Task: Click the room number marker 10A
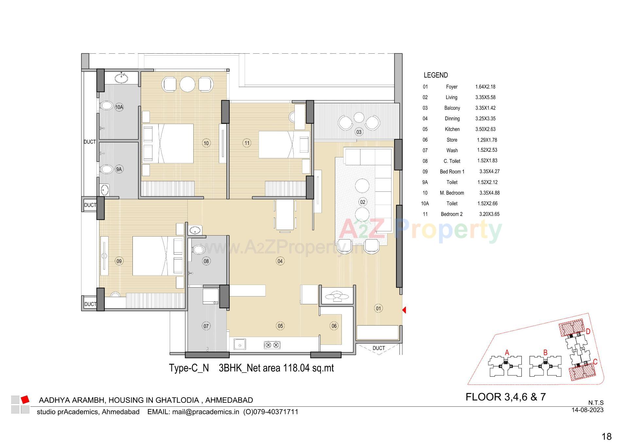tap(119, 107)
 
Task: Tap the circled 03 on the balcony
tap(359, 132)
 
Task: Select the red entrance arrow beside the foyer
tap(404, 310)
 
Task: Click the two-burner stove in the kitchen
tap(272, 345)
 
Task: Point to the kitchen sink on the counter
tap(240, 345)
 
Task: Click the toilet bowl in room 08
tap(198, 250)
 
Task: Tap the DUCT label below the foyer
tap(378, 348)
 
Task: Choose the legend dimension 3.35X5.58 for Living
tap(485, 98)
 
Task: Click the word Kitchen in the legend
tap(452, 129)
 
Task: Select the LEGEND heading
tap(436, 75)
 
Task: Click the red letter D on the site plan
tap(588, 332)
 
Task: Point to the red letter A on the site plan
tap(507, 353)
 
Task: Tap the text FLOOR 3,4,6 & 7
tap(505, 397)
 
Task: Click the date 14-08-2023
tap(587, 410)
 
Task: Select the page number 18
tap(606, 436)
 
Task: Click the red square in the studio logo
tap(25, 400)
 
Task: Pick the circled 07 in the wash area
tap(206, 326)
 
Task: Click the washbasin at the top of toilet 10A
tap(122, 78)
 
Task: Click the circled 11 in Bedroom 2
tap(247, 143)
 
